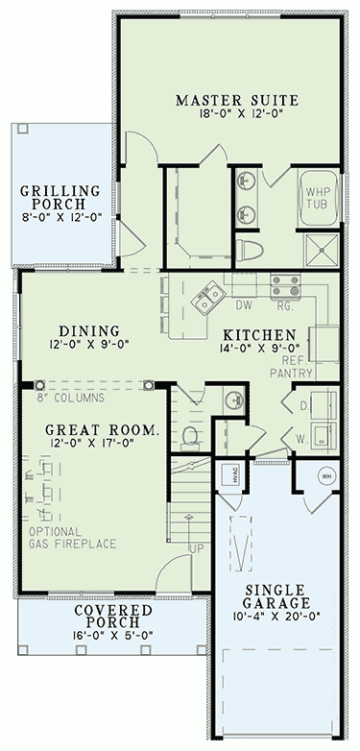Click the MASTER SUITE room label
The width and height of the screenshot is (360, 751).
click(237, 100)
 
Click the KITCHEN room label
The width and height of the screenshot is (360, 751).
click(257, 335)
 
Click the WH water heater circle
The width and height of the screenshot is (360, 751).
click(325, 475)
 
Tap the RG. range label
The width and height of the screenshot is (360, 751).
click(284, 306)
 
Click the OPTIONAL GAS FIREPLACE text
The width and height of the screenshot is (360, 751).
click(72, 538)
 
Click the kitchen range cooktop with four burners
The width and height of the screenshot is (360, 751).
click(284, 284)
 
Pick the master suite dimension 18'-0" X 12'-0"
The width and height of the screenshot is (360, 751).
click(237, 117)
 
